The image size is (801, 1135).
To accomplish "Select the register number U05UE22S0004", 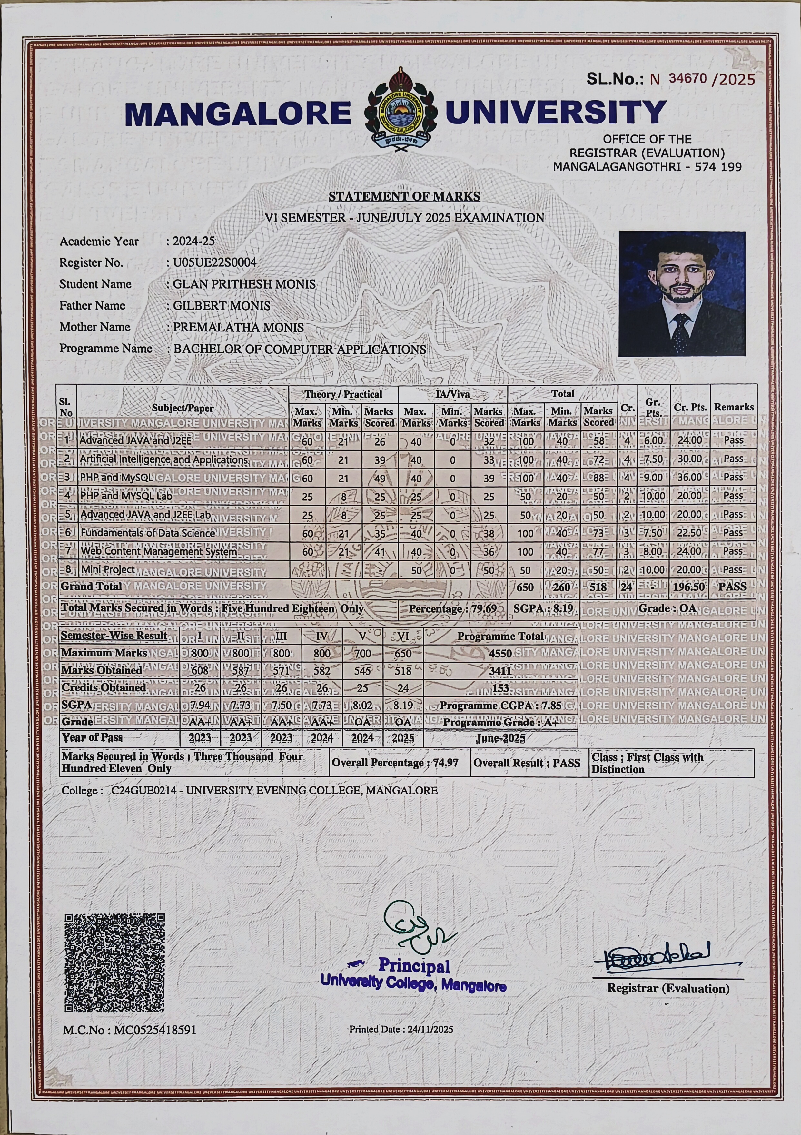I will click(x=214, y=262).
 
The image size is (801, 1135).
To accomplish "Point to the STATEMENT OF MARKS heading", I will click(x=404, y=197).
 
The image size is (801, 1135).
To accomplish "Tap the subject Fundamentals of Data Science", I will click(x=147, y=533).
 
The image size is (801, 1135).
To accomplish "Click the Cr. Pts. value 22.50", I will click(x=689, y=533).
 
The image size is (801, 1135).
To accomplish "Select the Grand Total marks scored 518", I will click(x=598, y=587).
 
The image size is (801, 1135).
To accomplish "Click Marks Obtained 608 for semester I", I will click(x=200, y=670).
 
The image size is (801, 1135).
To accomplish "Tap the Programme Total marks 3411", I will click(x=500, y=671).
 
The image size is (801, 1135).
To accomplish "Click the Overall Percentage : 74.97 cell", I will click(x=395, y=763).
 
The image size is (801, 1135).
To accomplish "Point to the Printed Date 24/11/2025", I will click(x=400, y=1029).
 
